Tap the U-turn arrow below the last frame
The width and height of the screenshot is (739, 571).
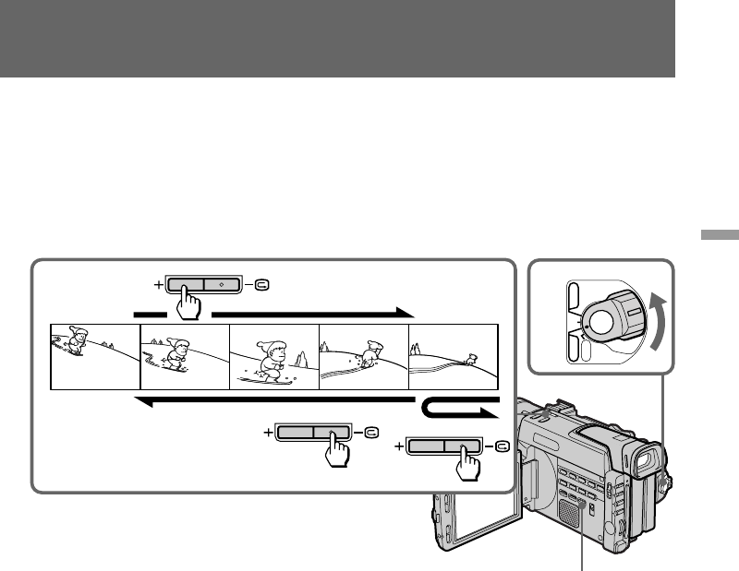[x=459, y=407]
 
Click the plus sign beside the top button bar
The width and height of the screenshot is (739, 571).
[x=158, y=284]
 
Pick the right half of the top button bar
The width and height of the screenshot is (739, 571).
[x=222, y=284]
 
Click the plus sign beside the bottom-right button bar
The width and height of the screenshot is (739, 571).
[x=400, y=446]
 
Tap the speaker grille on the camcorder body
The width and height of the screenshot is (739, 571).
[x=571, y=513]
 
